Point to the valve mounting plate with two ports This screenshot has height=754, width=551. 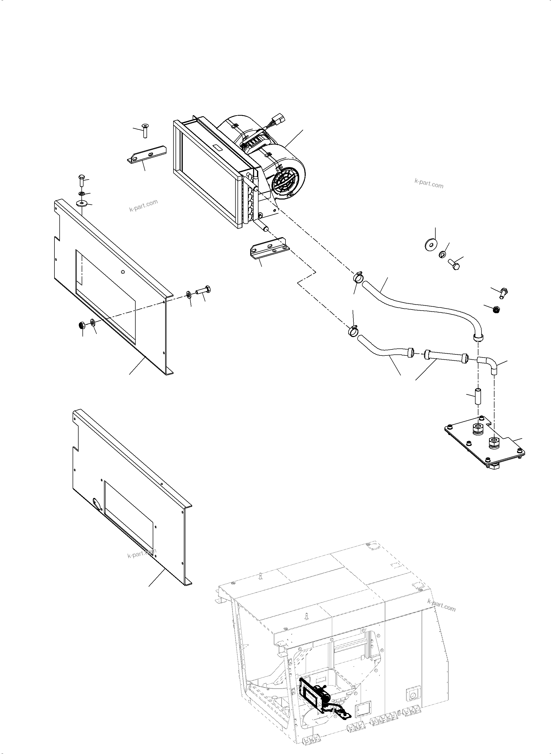click(484, 444)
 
